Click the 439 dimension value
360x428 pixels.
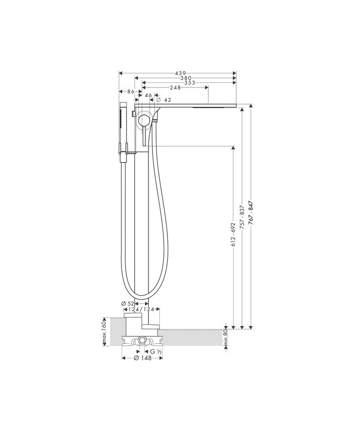pyautogui.click(x=180, y=73)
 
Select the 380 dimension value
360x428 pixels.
pyautogui.click(x=186, y=78)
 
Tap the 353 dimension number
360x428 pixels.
pyautogui.click(x=190, y=83)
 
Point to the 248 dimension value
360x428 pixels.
pyautogui.click(x=175, y=87)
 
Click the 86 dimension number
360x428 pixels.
pyautogui.click(x=131, y=92)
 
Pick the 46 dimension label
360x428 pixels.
pyautogui.click(x=148, y=96)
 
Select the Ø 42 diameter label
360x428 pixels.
pyautogui.click(x=163, y=100)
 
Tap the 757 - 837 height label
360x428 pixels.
pyautogui.click(x=241, y=219)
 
